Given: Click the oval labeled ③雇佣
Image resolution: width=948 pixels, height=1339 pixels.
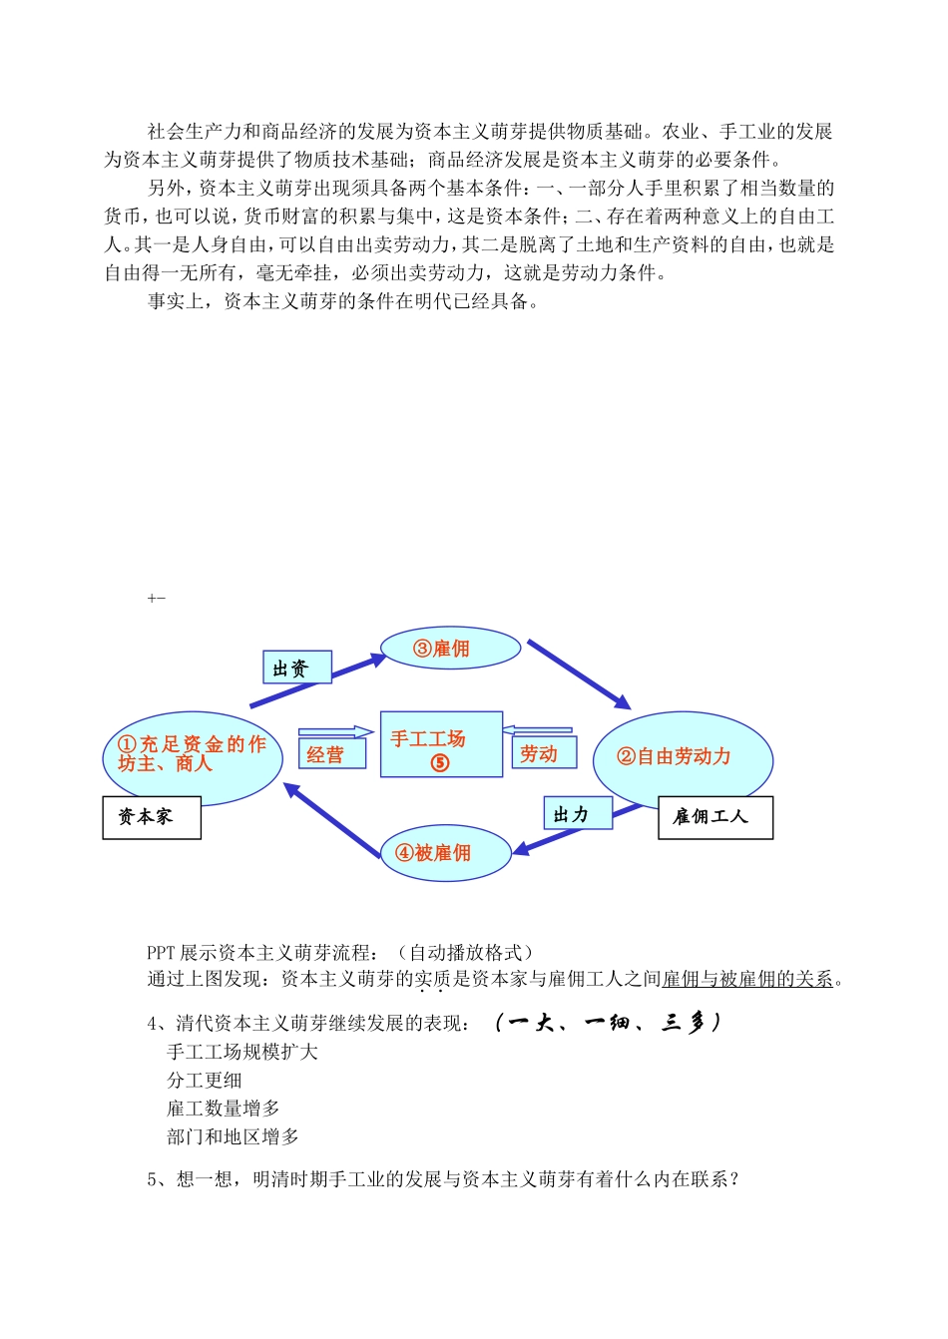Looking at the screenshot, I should (451, 649).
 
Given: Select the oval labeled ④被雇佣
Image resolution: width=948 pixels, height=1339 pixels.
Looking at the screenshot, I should (446, 853).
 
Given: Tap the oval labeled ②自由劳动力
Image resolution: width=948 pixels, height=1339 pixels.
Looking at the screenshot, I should (683, 758).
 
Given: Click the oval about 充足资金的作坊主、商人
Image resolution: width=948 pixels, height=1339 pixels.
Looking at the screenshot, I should (192, 755).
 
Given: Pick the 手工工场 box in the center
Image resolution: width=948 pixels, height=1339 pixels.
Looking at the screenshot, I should (441, 743).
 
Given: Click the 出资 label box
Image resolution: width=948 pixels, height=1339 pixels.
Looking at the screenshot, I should (297, 669).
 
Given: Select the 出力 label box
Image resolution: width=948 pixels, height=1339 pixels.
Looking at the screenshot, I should (578, 814).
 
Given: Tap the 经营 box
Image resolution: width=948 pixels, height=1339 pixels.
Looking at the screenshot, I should (332, 755).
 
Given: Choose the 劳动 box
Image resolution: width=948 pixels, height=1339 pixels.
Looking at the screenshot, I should (544, 754).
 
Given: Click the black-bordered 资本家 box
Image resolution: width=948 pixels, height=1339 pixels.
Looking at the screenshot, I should (152, 817).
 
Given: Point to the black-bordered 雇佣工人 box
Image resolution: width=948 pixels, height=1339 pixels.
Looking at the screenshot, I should (715, 817).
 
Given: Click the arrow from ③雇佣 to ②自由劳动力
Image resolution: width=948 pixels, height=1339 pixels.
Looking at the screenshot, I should (579, 674).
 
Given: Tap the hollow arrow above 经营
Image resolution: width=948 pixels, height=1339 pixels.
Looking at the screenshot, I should (335, 732).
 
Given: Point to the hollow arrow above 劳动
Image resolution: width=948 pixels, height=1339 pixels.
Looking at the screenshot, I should (537, 730).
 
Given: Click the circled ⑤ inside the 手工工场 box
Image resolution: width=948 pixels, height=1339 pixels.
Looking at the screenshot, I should (440, 763).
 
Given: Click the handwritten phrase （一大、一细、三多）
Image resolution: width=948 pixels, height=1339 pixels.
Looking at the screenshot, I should (606, 1023).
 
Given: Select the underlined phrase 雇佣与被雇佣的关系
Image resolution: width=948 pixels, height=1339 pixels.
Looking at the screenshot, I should (747, 979).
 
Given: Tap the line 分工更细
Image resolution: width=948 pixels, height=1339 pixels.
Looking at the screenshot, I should (205, 1080).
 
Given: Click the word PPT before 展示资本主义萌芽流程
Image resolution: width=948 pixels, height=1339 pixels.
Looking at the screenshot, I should (162, 953).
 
